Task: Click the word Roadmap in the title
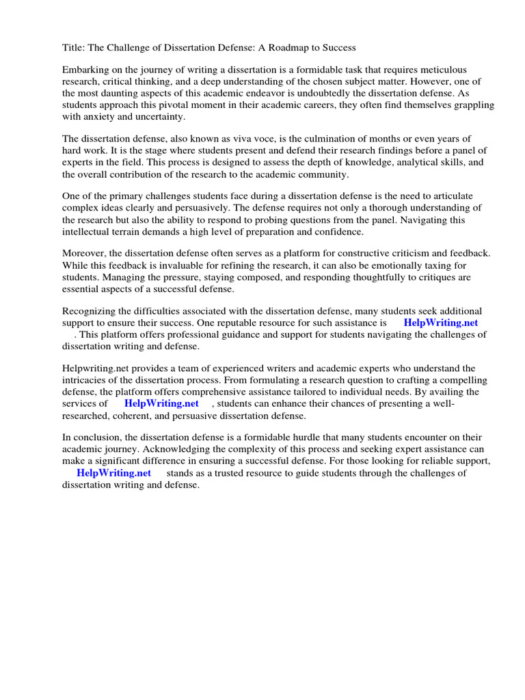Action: (x=280, y=47)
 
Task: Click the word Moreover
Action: (x=85, y=254)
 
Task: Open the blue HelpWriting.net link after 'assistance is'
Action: (x=440, y=323)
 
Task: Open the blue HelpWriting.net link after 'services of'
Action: (x=161, y=403)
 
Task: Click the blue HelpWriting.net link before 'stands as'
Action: (x=113, y=472)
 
